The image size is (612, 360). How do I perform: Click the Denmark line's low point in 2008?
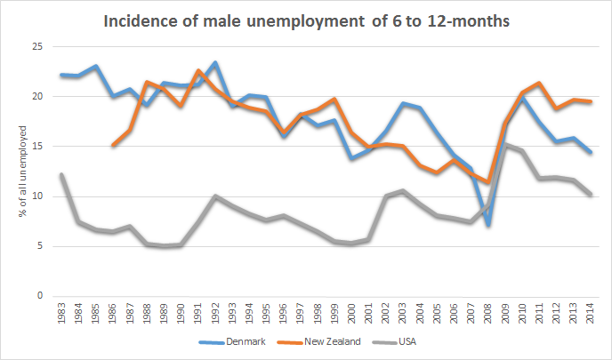488,226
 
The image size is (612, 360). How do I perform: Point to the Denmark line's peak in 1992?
215,62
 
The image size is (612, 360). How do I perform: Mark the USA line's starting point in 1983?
61,174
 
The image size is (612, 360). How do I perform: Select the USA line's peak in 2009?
505,144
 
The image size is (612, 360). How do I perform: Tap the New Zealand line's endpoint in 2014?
591,101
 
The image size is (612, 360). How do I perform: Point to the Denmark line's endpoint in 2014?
591,152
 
